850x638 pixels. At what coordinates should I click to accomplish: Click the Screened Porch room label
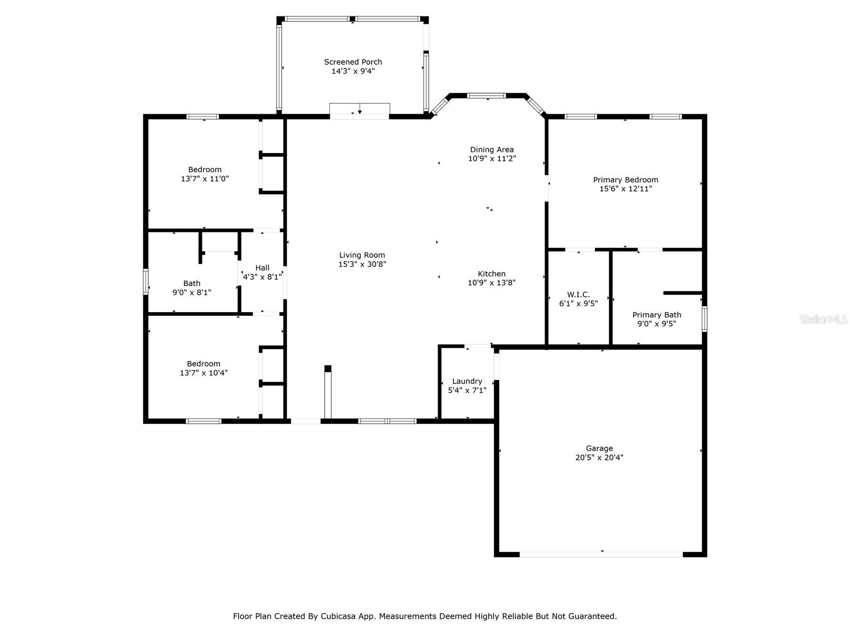[x=353, y=62]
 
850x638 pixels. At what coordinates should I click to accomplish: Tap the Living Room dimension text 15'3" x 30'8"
[x=362, y=264]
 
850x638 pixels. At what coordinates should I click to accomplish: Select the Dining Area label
[x=492, y=149]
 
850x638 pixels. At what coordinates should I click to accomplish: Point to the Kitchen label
[x=491, y=274]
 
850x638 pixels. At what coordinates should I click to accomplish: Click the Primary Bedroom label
[x=625, y=180]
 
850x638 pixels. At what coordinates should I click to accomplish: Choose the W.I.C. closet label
[x=578, y=295]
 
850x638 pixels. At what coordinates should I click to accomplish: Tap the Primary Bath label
[x=657, y=315]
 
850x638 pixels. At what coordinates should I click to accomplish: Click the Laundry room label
[x=467, y=381]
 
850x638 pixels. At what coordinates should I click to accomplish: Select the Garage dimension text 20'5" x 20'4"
[x=599, y=457]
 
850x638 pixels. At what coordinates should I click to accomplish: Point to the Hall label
[x=262, y=267]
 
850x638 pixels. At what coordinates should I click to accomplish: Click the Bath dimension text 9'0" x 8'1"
[x=192, y=292]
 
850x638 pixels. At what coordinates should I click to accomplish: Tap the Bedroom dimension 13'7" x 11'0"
[x=205, y=179]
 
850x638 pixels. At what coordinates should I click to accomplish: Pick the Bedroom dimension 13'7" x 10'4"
[x=203, y=373]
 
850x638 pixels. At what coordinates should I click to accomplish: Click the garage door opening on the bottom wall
[x=601, y=555]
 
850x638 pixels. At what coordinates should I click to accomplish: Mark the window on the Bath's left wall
[x=146, y=282]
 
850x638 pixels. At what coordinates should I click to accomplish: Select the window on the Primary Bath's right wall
[x=704, y=319]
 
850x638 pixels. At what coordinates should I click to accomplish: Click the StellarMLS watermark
[x=823, y=319]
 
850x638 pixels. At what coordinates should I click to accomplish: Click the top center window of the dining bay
[x=487, y=96]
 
